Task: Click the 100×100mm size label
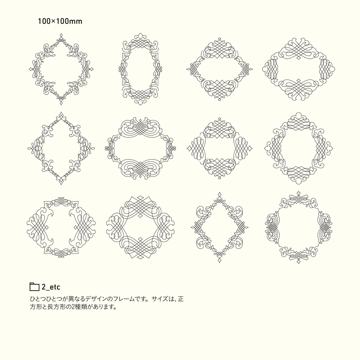click(x=60, y=21)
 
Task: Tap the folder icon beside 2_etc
click(x=34, y=287)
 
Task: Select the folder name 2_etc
click(x=51, y=287)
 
